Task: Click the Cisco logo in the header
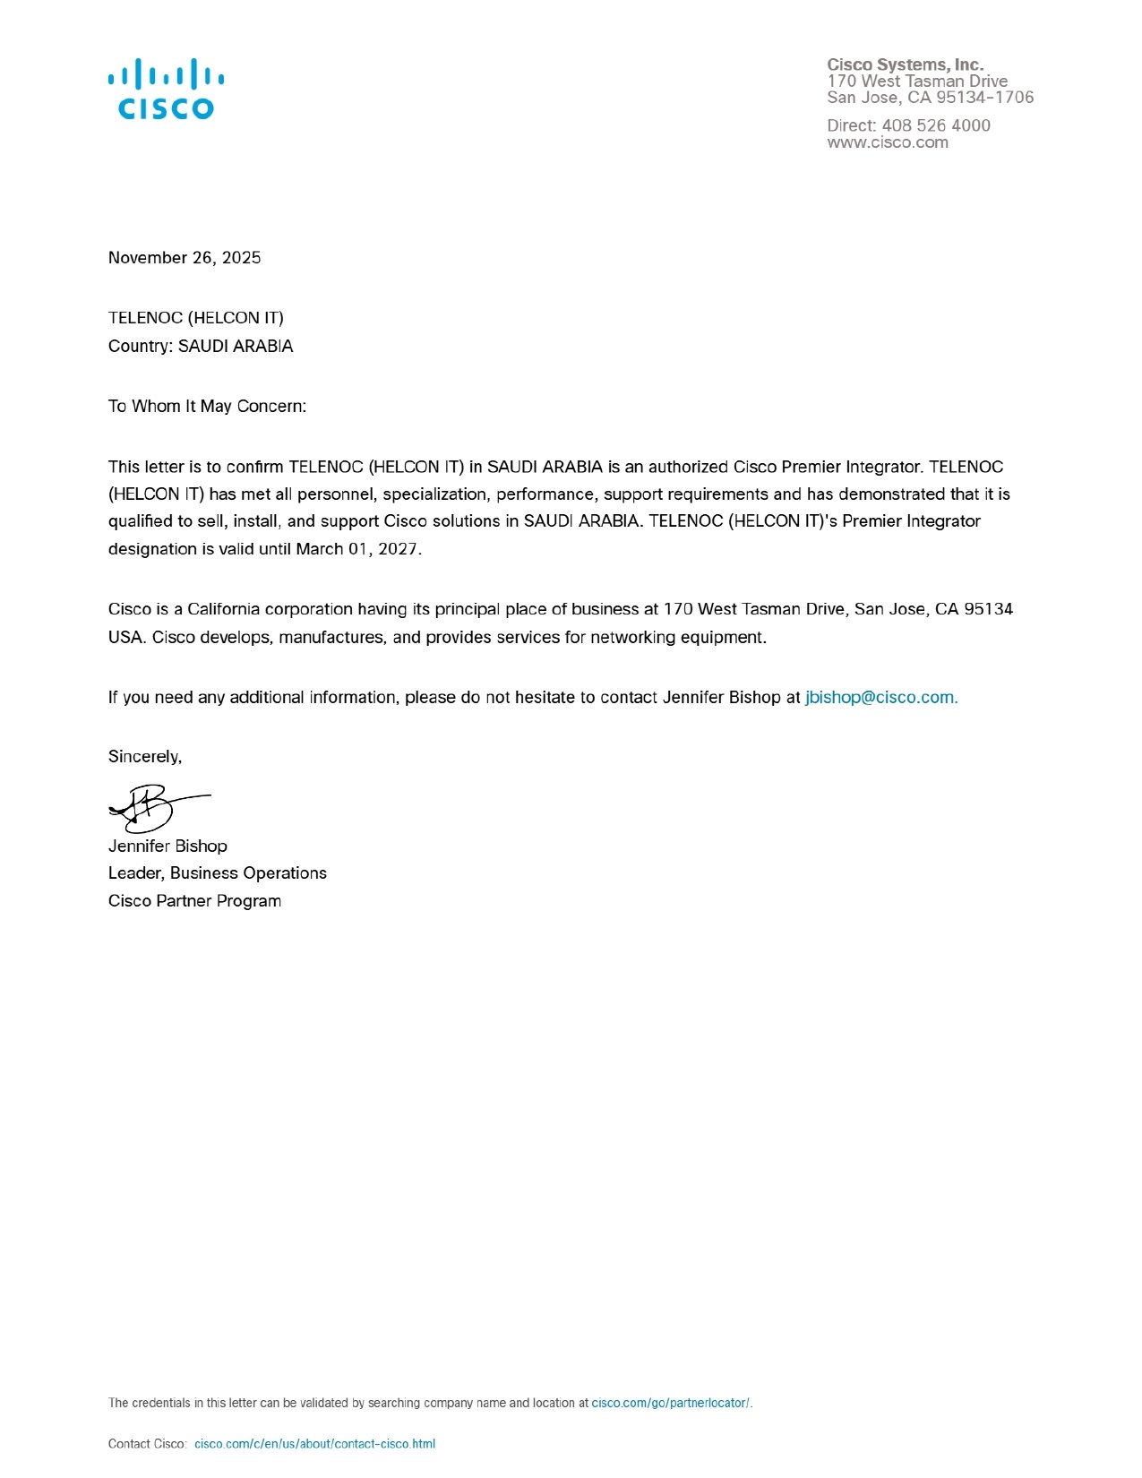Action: click(166, 89)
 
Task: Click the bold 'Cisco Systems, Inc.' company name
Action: click(905, 64)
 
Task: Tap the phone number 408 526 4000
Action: click(935, 125)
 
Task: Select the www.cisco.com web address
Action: click(887, 142)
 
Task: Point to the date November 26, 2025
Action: click(185, 258)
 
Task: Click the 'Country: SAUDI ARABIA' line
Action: click(201, 347)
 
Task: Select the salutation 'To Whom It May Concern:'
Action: click(207, 407)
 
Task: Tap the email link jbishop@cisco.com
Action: click(880, 698)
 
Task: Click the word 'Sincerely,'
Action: click(145, 757)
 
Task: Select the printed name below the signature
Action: click(167, 846)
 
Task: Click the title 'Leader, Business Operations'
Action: click(218, 873)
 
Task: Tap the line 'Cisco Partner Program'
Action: click(194, 901)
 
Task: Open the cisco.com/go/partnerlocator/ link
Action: click(671, 1403)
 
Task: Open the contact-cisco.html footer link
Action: click(314, 1444)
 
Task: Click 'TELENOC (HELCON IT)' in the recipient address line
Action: click(195, 318)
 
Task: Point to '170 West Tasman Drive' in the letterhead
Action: click(917, 82)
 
